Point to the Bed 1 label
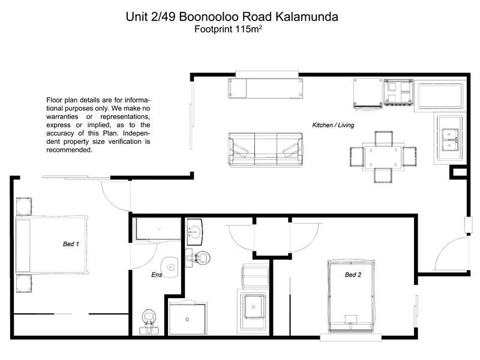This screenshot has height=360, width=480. [x=71, y=244]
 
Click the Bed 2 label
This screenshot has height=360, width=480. [x=353, y=275]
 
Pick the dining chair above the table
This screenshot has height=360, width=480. [x=383, y=137]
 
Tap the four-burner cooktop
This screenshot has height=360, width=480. [x=398, y=93]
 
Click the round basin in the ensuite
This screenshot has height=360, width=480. [x=171, y=267]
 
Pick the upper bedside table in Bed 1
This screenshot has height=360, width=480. [x=24, y=206]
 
